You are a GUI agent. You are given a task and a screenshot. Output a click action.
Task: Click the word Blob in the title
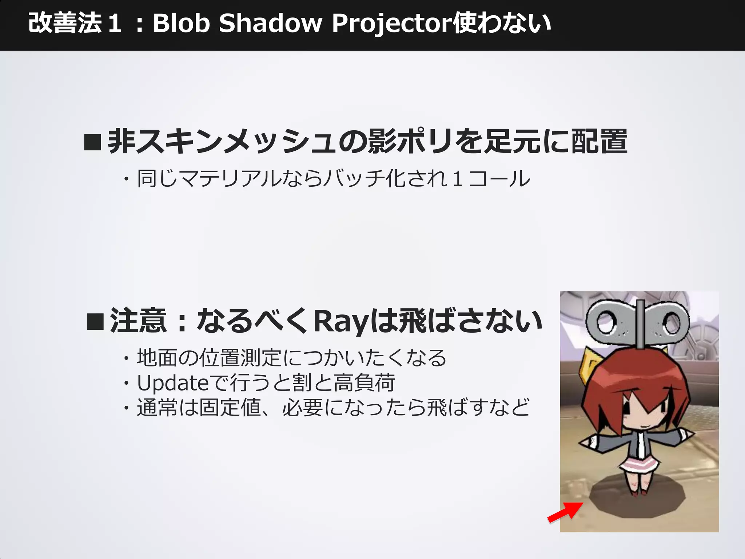181,24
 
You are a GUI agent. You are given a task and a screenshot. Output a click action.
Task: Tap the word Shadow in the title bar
271,24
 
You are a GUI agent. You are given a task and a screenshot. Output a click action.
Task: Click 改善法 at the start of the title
65,24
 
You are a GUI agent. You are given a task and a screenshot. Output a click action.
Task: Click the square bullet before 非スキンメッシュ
92,142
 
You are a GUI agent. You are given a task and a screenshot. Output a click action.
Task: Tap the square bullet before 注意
95,321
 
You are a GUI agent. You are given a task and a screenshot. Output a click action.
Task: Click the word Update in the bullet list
172,383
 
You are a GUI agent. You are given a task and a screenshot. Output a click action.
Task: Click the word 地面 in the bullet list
157,358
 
